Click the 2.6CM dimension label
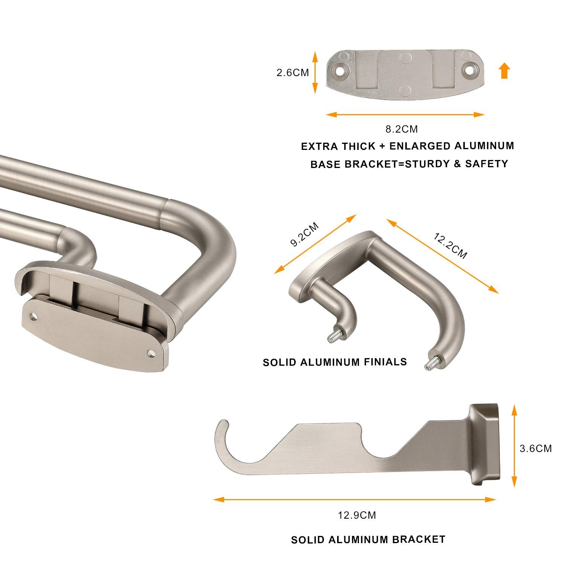point(293,72)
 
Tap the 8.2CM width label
point(402,129)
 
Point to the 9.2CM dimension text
point(304,234)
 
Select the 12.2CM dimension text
point(450,246)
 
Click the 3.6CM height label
point(536,448)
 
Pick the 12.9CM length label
point(357,515)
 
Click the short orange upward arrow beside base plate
point(505,71)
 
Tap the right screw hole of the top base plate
point(469,70)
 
